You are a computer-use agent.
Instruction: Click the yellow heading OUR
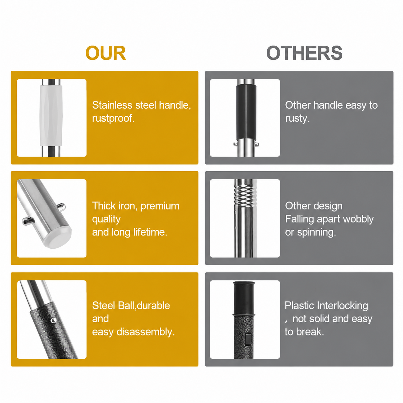106,53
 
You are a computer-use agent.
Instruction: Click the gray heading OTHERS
304,53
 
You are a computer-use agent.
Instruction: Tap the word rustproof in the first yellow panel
113,118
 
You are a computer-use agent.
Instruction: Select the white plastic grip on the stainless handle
51,115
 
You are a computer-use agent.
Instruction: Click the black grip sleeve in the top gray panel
246,112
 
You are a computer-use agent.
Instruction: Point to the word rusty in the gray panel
297,118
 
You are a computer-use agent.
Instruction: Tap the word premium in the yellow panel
160,206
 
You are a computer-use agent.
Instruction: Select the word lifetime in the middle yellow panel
150,232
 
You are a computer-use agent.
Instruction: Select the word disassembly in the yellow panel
145,332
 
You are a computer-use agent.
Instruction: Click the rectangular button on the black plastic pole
248,339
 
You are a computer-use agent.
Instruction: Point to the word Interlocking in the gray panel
343,306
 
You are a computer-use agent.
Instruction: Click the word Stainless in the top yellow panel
112,105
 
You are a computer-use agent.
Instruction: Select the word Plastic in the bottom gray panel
300,306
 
